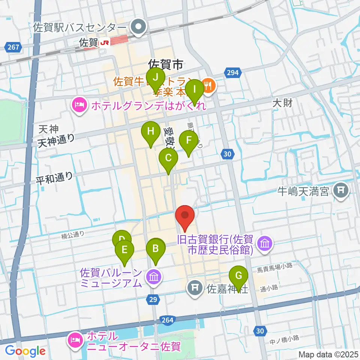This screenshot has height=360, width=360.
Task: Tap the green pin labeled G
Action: (238, 276)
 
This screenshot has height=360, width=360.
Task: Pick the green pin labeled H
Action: (150, 132)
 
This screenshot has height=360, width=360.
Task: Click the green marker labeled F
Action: (188, 141)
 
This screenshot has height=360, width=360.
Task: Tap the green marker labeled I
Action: (195, 90)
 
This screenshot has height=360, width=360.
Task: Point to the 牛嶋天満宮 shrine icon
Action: (341, 191)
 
